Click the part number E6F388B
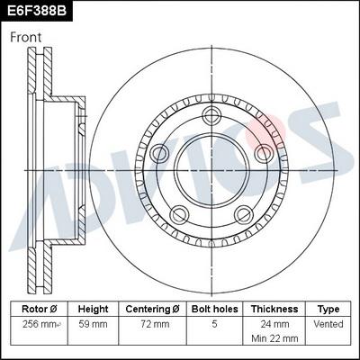37,11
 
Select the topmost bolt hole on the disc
213,114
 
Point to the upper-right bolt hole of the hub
266,152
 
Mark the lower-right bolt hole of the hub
245,214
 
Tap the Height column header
94,308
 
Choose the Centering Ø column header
152,308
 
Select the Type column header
328,308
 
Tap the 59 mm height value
94,322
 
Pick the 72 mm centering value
152,322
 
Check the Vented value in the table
328,322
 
